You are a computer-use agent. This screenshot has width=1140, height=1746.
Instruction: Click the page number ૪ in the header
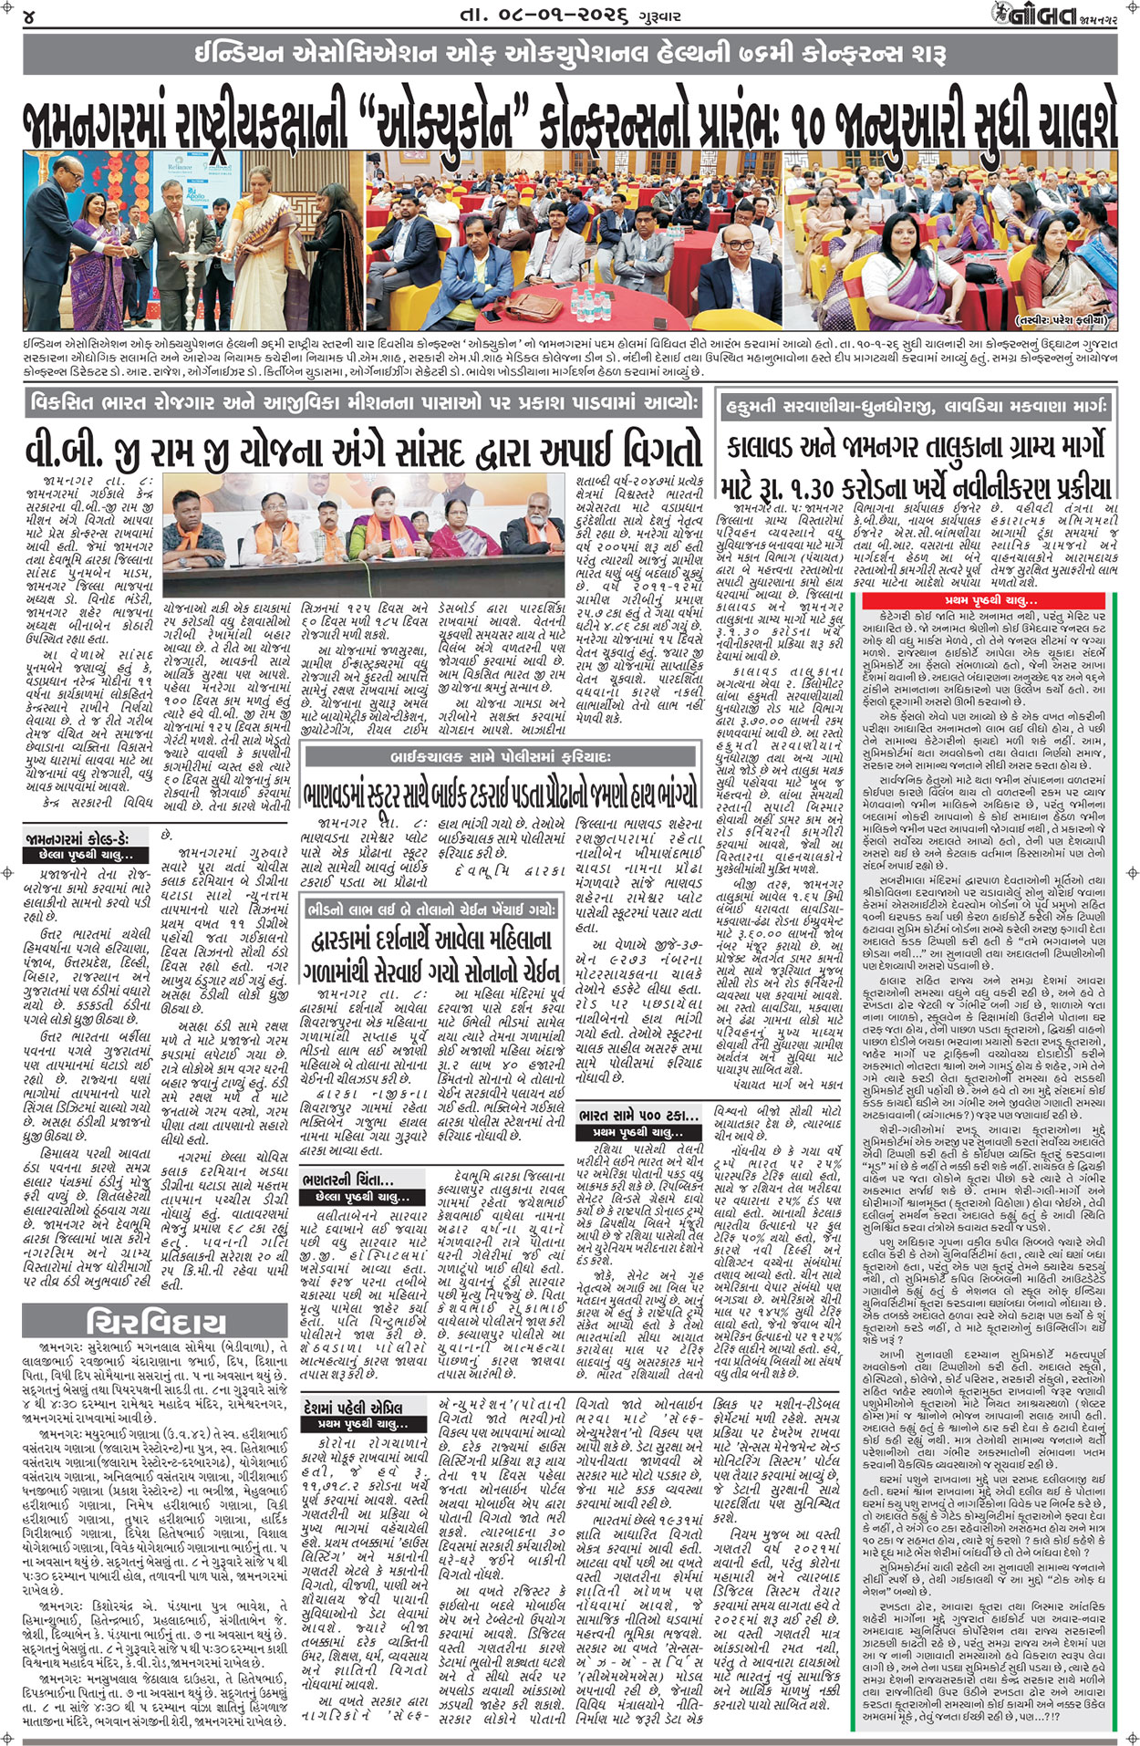coord(31,16)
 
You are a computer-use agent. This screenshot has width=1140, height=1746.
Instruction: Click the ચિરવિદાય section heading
coord(153,1322)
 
